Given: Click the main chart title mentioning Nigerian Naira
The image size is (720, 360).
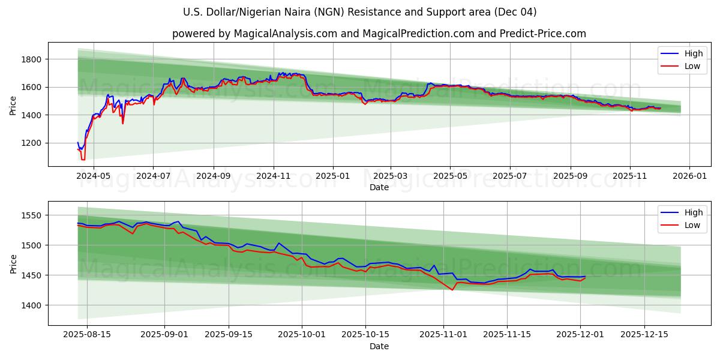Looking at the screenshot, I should [x=360, y=12].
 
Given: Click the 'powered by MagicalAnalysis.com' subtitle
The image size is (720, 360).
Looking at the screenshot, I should [x=379, y=34].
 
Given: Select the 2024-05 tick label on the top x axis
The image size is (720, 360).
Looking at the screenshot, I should [x=94, y=176].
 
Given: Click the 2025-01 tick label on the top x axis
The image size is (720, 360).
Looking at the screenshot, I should [x=332, y=176].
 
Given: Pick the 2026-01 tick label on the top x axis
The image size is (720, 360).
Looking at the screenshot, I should [x=689, y=176].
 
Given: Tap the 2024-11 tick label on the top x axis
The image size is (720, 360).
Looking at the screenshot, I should [x=274, y=176].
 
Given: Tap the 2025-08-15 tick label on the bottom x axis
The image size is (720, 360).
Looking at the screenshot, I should [x=87, y=335].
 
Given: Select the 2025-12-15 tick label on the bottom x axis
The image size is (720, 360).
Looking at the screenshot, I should [x=644, y=335].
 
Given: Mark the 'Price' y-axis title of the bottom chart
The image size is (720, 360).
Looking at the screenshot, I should [x=13, y=263].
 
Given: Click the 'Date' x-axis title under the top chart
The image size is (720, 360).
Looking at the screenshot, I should [x=379, y=187].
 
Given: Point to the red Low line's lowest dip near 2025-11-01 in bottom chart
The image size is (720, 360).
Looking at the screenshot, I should [x=452, y=290].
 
